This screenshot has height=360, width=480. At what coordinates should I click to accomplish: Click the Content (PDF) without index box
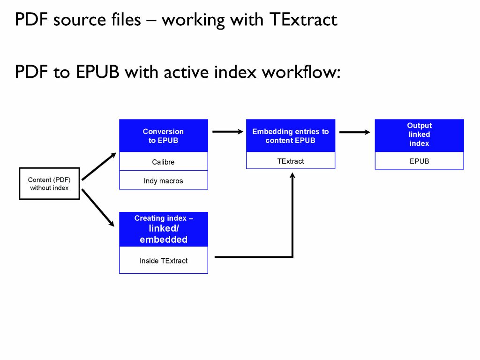[x=49, y=184]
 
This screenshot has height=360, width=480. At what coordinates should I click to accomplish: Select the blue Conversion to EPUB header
[x=163, y=136]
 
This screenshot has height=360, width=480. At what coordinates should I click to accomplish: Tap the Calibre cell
[x=163, y=162]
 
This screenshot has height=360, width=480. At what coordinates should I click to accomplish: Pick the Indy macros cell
[x=163, y=180]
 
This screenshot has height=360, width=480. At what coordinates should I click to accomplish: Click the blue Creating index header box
[x=163, y=229]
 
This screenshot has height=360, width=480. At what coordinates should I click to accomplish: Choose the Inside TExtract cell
[x=163, y=261]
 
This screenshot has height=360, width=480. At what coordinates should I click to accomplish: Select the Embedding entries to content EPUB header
[x=291, y=136]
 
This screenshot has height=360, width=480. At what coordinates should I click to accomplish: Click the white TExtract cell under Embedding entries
[x=291, y=161]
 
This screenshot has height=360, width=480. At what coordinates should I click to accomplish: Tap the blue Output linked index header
[x=419, y=135]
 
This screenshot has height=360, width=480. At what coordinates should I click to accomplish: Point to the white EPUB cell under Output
[x=419, y=161]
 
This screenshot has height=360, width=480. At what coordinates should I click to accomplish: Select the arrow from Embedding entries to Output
[x=354, y=132]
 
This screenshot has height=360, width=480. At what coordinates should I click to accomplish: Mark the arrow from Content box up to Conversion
[x=98, y=166]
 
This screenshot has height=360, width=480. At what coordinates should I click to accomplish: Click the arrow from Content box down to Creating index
[x=98, y=208]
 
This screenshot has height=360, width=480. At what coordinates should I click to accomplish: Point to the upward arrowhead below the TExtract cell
[x=292, y=176]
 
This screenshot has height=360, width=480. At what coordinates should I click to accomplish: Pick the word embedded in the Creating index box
[x=163, y=240]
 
